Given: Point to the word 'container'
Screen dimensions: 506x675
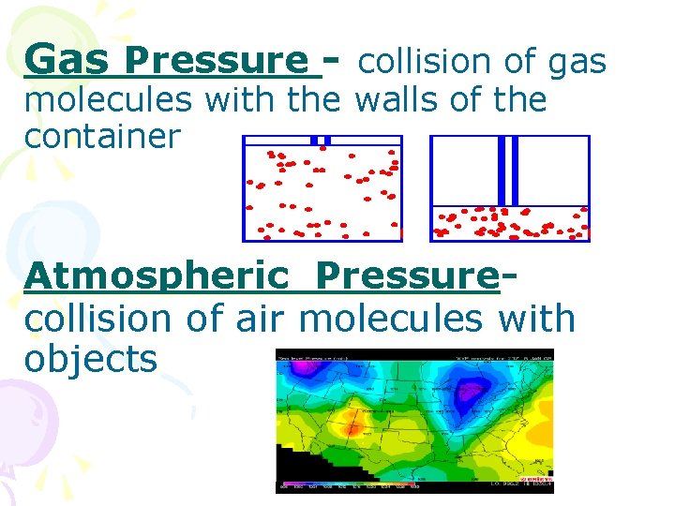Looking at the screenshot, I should [x=102, y=137].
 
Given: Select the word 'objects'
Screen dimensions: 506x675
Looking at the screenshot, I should [x=91, y=358].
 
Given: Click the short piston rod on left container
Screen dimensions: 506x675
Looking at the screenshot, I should [x=321, y=141].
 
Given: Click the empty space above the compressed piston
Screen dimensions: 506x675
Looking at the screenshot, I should [x=553, y=169].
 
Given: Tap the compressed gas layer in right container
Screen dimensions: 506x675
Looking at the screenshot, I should [x=511, y=222].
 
